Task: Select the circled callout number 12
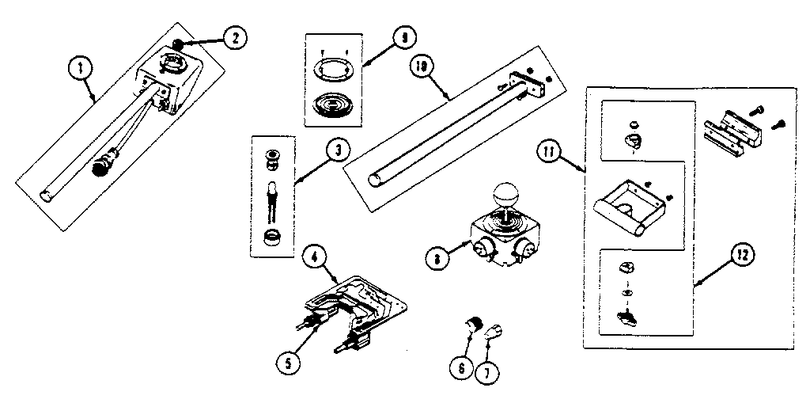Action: [742, 255]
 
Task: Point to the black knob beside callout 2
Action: [180, 44]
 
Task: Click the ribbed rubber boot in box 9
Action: [333, 104]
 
